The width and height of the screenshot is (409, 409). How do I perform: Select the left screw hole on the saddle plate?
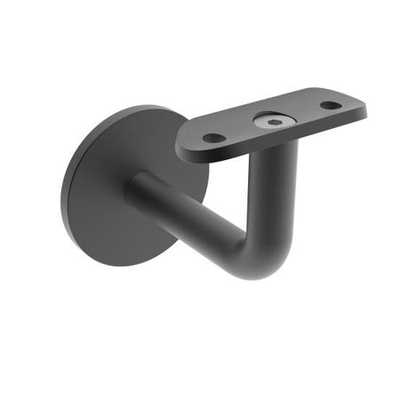pyautogui.click(x=213, y=138)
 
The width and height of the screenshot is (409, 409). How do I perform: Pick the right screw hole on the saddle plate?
pyautogui.click(x=330, y=105)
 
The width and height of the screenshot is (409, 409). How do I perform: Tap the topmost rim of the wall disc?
pyautogui.click(x=133, y=108)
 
